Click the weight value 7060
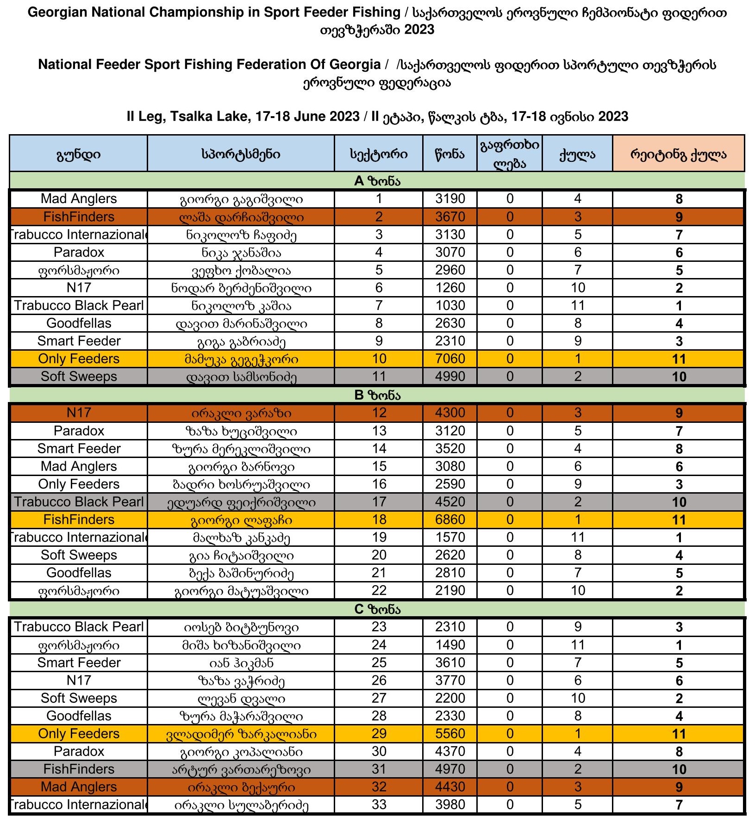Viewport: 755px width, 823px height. [449, 359]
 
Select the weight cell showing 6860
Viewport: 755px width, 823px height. [449, 520]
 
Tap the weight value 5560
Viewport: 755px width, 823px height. [449, 734]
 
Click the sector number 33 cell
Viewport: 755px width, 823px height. [379, 804]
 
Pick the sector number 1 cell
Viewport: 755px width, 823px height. [379, 199]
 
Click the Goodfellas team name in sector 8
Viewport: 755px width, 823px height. [79, 323]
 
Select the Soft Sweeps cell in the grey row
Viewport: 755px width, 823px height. [79, 377]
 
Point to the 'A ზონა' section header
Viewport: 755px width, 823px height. [377, 181]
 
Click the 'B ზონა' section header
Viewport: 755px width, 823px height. [377, 396]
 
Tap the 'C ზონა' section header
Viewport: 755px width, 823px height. [377, 609]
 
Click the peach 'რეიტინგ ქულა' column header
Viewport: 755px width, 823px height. [678, 155]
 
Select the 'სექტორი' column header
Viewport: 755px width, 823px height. [379, 155]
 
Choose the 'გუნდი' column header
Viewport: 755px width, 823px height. [79, 155]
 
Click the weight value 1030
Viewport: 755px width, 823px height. [449, 306]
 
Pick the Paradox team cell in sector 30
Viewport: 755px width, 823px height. [79, 751]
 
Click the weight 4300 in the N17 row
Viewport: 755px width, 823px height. [449, 413]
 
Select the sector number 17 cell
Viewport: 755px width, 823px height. [379, 502]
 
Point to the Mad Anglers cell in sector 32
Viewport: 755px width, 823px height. [79, 787]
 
